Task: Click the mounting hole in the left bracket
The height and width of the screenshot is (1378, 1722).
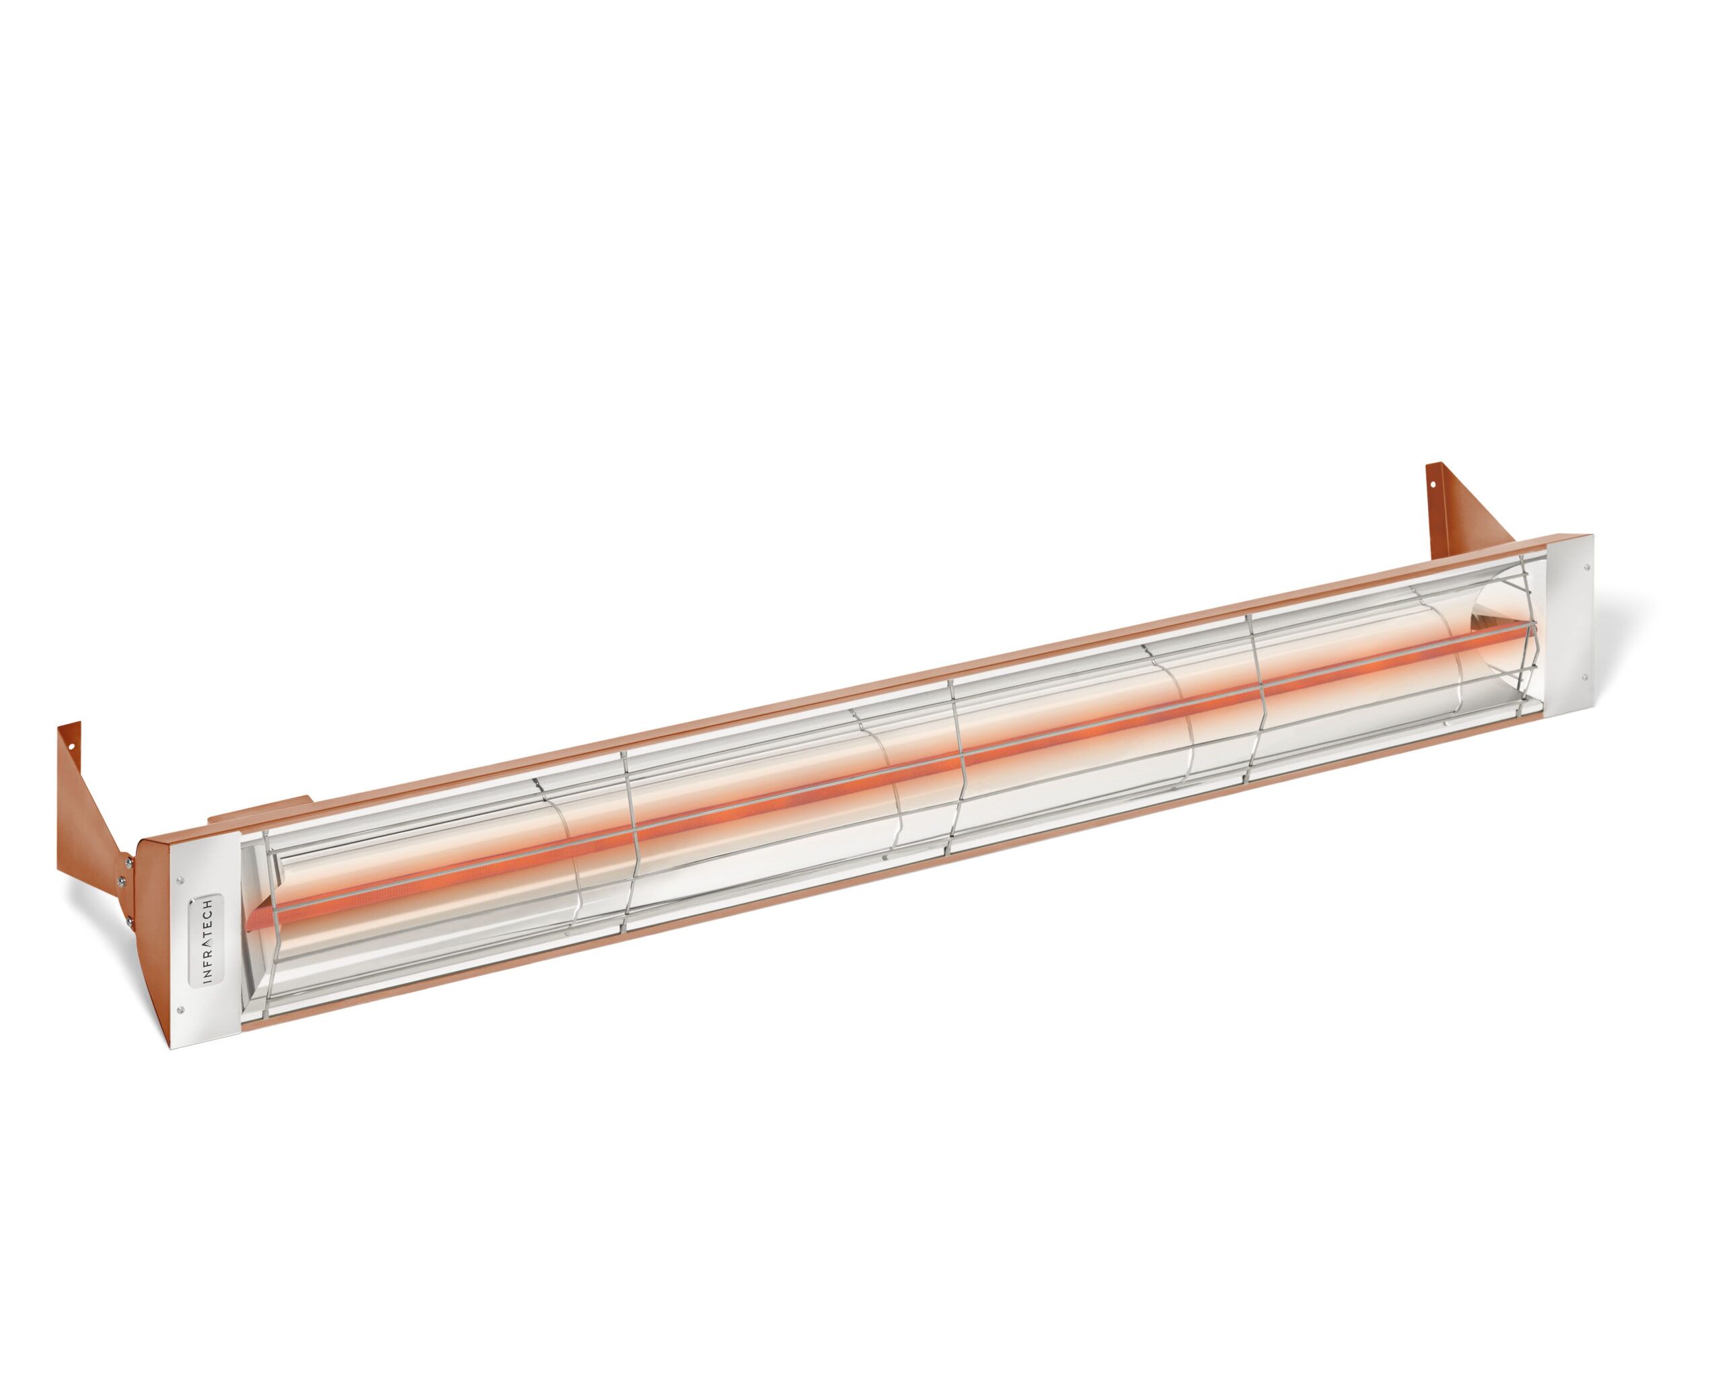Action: [x=73, y=748]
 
